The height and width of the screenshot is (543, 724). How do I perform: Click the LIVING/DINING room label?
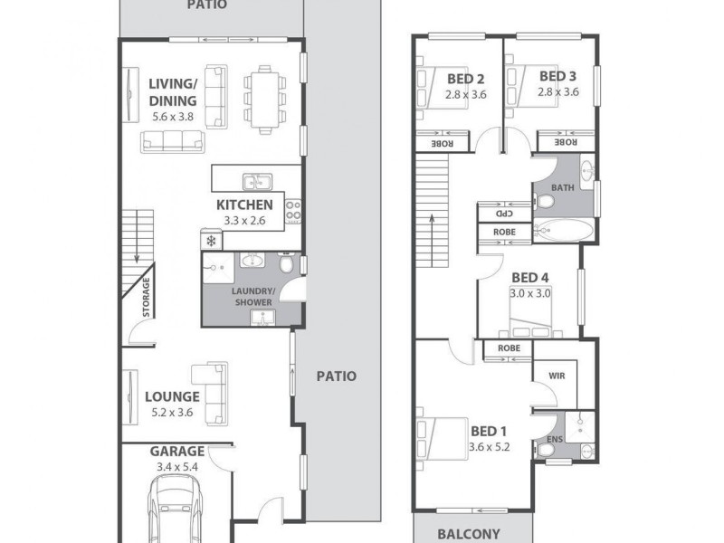172,92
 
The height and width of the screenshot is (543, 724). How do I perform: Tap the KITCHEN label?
243,205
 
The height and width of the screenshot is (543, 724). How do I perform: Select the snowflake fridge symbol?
211,241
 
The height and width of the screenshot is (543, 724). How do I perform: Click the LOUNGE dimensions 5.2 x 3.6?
172,412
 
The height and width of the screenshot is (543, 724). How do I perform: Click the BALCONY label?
470,533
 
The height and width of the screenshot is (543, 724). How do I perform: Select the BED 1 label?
489,431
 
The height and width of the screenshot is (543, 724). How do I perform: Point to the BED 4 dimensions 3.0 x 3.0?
530,293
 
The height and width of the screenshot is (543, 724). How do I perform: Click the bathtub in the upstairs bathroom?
562,232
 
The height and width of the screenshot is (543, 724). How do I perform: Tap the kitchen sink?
257,180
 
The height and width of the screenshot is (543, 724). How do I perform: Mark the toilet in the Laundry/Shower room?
286,265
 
